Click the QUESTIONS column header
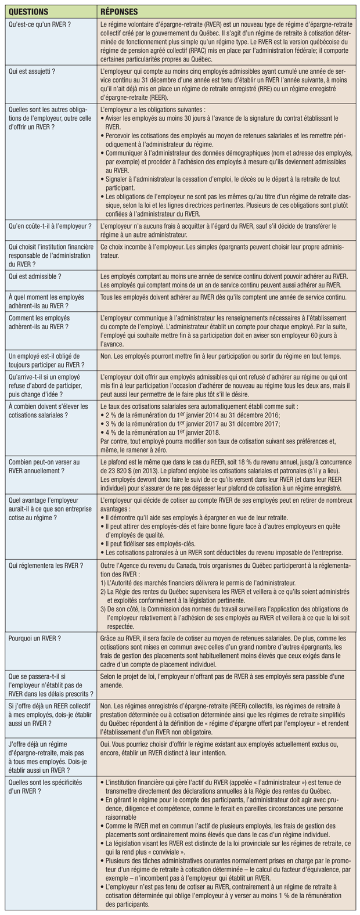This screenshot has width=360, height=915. pyautogui.click(x=30, y=11)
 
